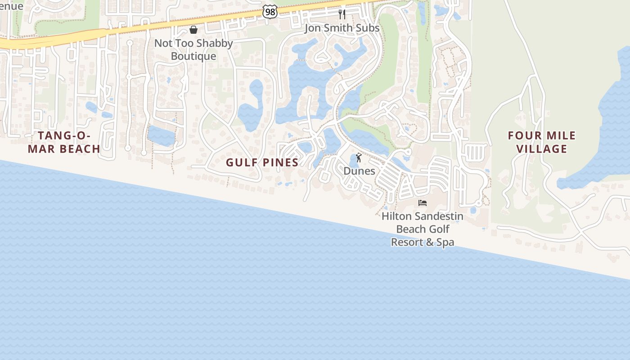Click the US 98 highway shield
point(270,12)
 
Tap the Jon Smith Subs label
point(342,28)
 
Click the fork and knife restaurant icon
point(342,14)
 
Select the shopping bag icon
point(193,30)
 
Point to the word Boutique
point(193,56)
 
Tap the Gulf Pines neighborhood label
point(262,162)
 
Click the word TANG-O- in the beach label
point(64,135)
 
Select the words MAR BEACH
point(64,149)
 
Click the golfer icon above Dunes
point(359,157)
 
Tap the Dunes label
point(359,171)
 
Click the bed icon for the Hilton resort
point(423,203)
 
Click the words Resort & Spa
point(423,242)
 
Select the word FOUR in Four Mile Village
point(522,135)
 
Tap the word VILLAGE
point(542,149)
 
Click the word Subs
point(369,28)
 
